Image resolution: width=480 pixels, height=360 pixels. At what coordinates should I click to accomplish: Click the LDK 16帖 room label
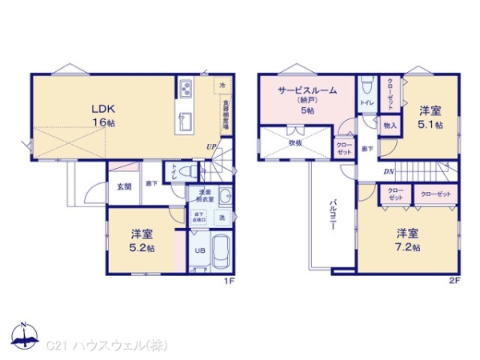coord(102,115)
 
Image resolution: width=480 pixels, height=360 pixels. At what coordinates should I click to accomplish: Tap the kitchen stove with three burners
coord(186,87)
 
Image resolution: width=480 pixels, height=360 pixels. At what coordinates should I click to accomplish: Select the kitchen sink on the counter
coord(185,121)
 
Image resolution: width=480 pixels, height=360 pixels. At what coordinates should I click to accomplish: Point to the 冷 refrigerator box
coord(222,84)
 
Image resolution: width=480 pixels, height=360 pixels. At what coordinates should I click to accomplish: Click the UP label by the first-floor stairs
coord(210,146)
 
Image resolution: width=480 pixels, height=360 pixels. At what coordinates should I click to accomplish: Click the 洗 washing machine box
coord(222,218)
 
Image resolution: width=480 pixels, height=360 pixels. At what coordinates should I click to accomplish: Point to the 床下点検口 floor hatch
coord(198,217)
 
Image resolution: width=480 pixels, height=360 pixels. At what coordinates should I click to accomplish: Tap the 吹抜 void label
coord(295,142)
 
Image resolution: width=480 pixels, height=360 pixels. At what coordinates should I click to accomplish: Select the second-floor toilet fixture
coord(366,85)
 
